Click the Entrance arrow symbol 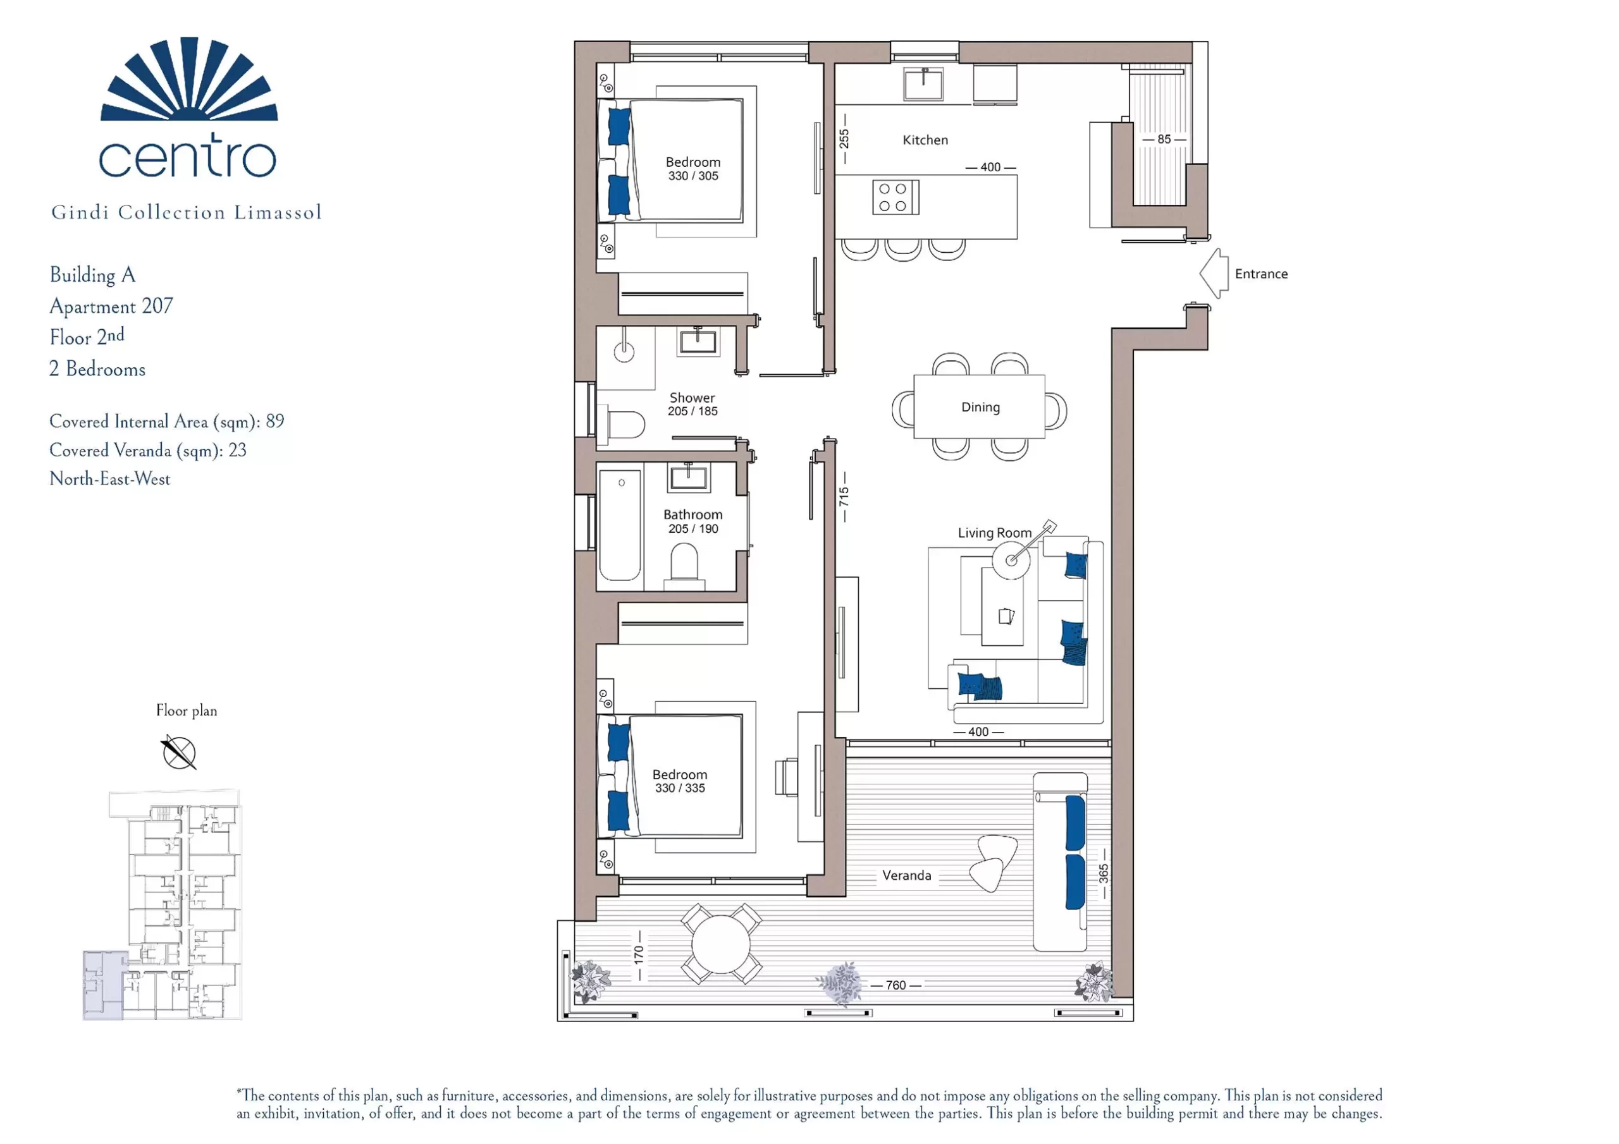(x=1214, y=274)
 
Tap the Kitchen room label (x=925, y=140)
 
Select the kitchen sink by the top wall (x=923, y=84)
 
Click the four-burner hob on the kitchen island (x=896, y=197)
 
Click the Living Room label (x=994, y=533)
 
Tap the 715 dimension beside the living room (x=844, y=497)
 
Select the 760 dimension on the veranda (x=896, y=985)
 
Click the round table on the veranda (x=722, y=944)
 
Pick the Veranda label (x=907, y=875)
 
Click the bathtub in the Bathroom (x=620, y=525)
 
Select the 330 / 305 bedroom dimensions (x=693, y=176)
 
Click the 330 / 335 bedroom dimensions (x=680, y=788)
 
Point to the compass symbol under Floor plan (x=179, y=752)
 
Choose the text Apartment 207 (x=111, y=306)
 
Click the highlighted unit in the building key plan (x=103, y=985)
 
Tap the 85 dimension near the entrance (x=1164, y=140)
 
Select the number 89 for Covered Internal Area (x=275, y=421)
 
